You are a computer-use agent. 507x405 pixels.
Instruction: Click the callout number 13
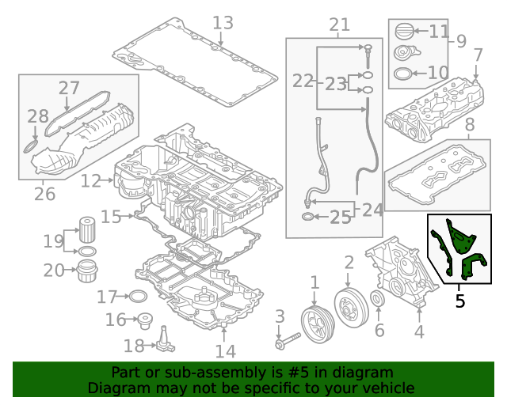tap(223, 23)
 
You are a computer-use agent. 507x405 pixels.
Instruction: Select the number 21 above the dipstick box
tap(339, 25)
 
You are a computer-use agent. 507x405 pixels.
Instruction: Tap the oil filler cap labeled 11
tap(405, 33)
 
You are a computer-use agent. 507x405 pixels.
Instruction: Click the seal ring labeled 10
tap(402, 75)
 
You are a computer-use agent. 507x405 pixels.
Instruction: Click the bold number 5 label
tap(459, 301)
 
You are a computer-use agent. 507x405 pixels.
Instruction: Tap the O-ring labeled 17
tap(138, 297)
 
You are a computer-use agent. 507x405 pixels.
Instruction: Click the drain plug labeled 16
tap(143, 321)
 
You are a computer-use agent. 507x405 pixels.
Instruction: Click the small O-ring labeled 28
tap(28, 146)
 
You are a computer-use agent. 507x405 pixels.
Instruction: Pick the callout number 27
tap(69, 88)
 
